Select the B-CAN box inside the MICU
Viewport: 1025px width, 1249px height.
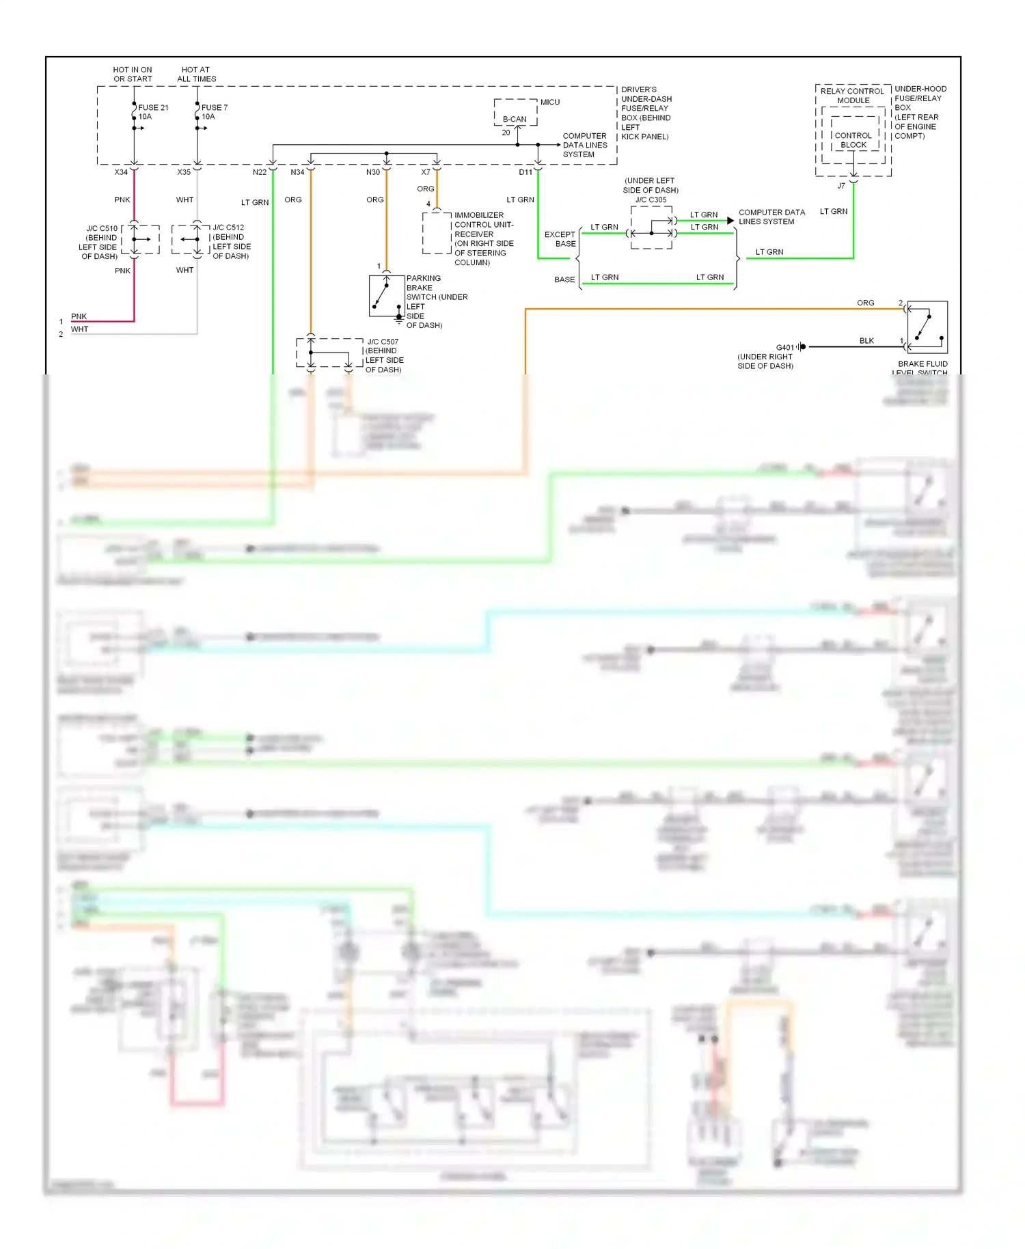[515, 119]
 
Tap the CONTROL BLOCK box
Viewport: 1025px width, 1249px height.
[853, 140]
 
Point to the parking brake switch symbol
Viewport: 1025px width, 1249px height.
[386, 296]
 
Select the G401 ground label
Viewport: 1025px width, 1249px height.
[785, 347]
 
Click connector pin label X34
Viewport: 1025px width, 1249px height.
[121, 172]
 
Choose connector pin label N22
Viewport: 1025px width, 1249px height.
[260, 172]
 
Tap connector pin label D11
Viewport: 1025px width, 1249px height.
[525, 172]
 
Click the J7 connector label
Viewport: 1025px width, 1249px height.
[841, 186]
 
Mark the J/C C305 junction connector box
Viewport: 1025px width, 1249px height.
[651, 228]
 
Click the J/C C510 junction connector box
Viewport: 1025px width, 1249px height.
[141, 239]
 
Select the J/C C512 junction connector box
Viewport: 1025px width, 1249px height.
[191, 239]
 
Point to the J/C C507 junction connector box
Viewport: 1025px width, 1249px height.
[329, 353]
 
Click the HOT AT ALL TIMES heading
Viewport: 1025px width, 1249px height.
[197, 74]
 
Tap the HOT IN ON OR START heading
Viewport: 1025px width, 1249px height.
[133, 74]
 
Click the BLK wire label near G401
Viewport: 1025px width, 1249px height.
[866, 341]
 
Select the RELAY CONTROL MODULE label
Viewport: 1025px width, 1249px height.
[853, 96]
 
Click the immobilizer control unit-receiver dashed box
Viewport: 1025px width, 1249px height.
[437, 233]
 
